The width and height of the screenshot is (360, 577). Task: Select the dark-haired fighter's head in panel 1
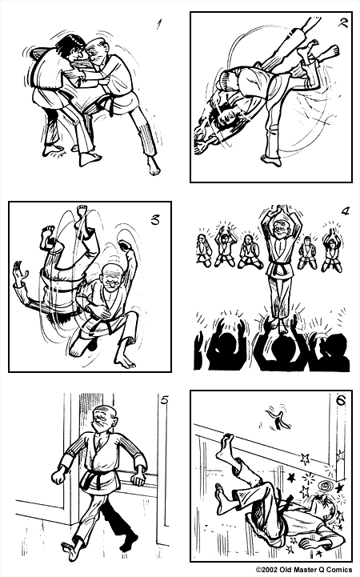pyautogui.click(x=73, y=45)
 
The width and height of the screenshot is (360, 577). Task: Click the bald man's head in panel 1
pyautogui.click(x=98, y=50)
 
